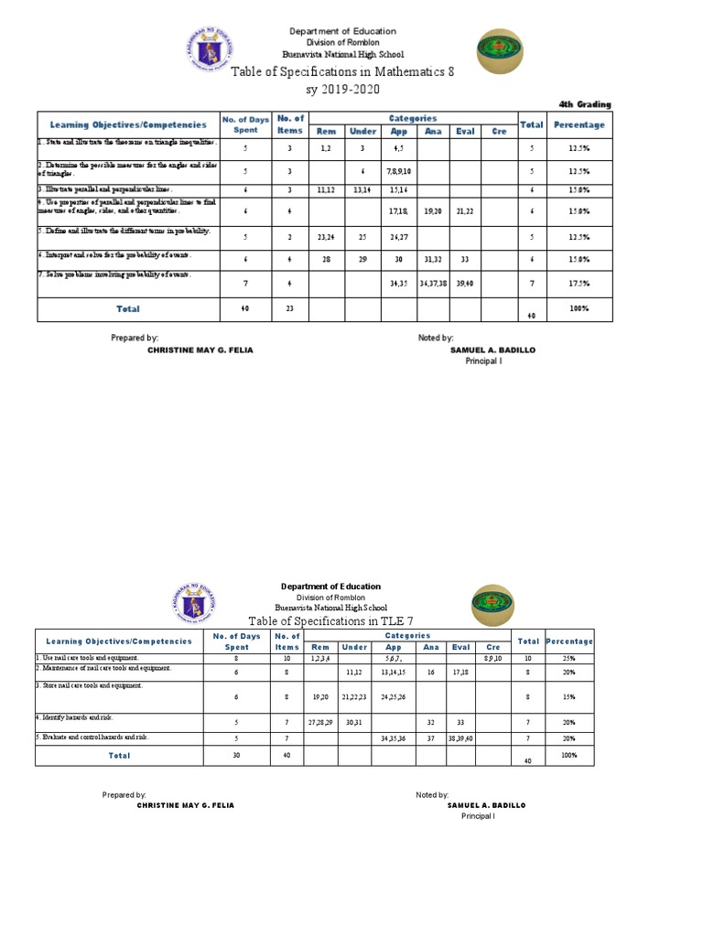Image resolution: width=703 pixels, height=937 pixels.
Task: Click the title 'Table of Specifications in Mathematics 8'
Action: tap(342, 72)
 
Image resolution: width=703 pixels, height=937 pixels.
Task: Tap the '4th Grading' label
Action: tap(585, 104)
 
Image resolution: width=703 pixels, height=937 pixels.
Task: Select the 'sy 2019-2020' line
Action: tap(342, 89)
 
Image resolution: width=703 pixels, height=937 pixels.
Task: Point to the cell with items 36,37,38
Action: tap(432, 284)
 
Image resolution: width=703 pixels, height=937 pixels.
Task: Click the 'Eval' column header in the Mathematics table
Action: tap(465, 131)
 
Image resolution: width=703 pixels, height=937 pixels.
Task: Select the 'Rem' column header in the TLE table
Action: tap(319, 647)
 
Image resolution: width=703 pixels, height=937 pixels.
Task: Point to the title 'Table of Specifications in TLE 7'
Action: tap(331, 621)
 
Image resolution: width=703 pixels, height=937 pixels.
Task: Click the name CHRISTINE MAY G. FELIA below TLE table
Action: tap(185, 805)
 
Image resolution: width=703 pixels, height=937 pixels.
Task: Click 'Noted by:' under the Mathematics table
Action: tap(436, 338)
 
